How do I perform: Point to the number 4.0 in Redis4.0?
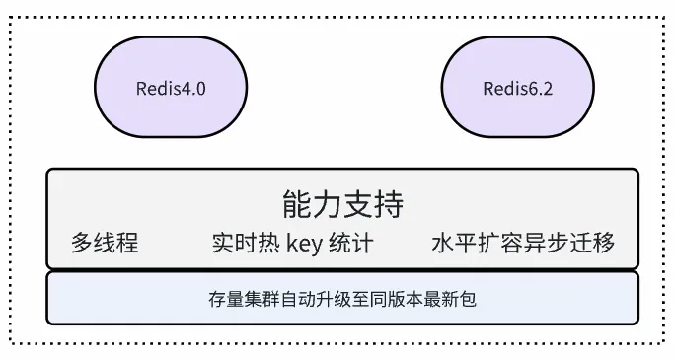tap(193, 89)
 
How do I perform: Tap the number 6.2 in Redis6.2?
tap(540, 89)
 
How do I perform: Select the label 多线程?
tap(105, 243)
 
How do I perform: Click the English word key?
tap(304, 243)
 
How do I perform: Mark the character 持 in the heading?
tap(389, 205)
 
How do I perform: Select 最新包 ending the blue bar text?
tap(451, 298)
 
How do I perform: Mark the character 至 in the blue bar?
tap(350, 298)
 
